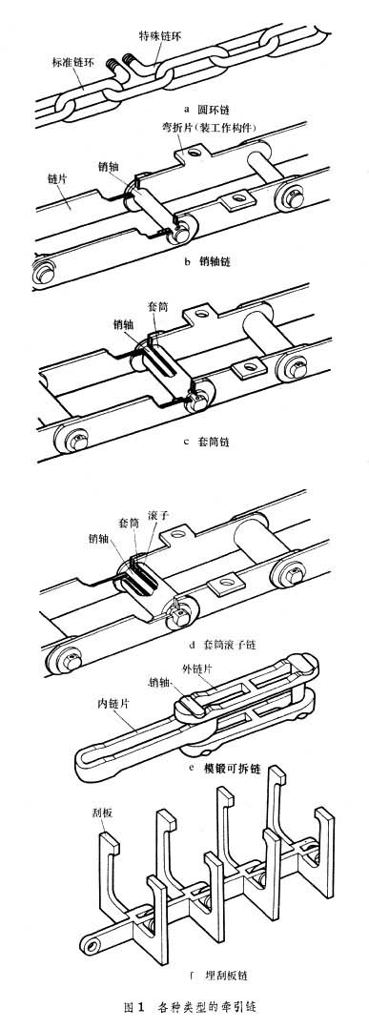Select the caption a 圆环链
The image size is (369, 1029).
point(207,105)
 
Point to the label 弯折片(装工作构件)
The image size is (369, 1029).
point(205,126)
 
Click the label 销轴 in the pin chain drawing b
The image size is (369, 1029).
point(109,167)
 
